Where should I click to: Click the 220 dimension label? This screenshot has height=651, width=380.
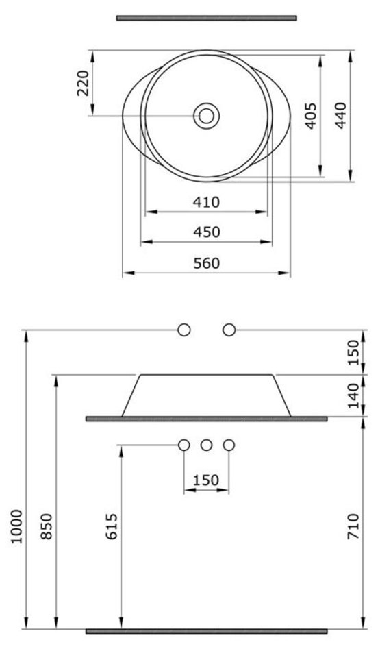(83, 83)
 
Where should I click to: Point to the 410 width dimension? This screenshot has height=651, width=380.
(206, 202)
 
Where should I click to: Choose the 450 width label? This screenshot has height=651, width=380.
(207, 232)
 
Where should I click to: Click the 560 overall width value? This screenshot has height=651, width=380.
(207, 263)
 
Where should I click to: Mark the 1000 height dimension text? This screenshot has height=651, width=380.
(16, 526)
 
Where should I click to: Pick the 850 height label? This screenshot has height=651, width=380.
(47, 526)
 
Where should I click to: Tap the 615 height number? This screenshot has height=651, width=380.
(112, 526)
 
